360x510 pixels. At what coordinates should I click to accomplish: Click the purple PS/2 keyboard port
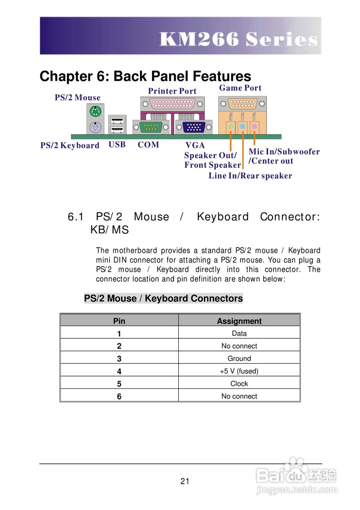point(95,128)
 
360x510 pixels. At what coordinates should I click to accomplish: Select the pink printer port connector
point(172,104)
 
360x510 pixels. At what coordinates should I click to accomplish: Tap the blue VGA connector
point(190,127)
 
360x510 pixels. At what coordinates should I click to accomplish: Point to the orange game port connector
point(243,104)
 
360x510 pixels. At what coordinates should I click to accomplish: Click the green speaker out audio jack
point(231,127)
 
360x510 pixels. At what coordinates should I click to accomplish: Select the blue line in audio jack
point(243,127)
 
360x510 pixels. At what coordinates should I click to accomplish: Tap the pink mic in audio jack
point(254,127)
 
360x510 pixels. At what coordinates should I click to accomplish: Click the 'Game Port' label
point(240,88)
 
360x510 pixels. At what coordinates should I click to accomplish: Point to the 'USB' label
point(117,145)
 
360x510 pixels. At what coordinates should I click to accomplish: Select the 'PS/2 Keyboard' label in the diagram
point(70,145)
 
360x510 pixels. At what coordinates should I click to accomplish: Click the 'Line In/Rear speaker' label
point(250,176)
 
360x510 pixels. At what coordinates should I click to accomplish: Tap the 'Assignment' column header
point(239,321)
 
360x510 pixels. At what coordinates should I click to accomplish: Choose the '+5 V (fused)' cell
point(239,371)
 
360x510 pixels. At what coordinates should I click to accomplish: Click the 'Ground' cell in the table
point(239,359)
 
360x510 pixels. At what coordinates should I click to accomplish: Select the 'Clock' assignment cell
point(239,384)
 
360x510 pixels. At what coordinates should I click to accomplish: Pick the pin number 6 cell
point(119,396)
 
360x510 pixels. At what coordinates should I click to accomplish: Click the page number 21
point(184,481)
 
